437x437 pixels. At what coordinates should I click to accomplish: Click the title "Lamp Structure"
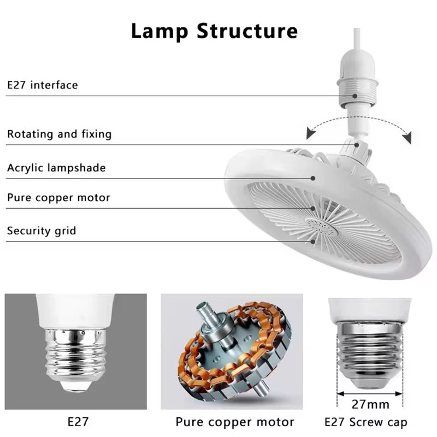tap(214, 31)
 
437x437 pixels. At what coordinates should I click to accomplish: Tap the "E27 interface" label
tap(43, 85)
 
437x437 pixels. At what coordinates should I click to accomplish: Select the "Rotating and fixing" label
tap(59, 134)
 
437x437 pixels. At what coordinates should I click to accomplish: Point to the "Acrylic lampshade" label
tap(56, 167)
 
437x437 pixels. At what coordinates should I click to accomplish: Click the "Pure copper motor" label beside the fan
tap(58, 198)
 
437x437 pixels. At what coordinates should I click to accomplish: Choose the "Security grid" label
tap(42, 231)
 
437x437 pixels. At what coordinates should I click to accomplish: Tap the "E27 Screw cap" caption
tap(365, 422)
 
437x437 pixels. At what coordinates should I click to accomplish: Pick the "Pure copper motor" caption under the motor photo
tap(235, 422)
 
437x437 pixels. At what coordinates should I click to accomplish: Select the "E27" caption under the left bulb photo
tap(76, 422)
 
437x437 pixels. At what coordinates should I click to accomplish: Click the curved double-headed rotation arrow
tap(358, 124)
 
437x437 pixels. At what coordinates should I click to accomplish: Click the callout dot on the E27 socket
tap(355, 96)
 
